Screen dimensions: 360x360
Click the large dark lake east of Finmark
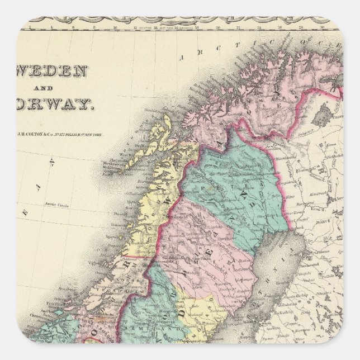(320, 117)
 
